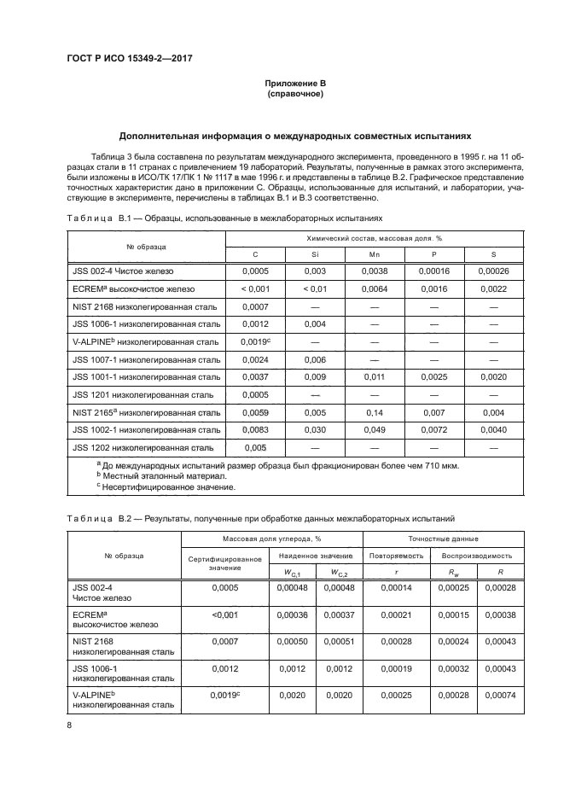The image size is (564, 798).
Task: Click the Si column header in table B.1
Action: (x=315, y=255)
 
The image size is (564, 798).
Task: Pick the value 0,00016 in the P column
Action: (x=435, y=271)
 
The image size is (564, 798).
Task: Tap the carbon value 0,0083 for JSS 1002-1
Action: (x=255, y=429)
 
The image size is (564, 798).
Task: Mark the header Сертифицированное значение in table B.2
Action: (x=224, y=562)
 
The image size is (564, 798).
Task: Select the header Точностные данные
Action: (x=441, y=539)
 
